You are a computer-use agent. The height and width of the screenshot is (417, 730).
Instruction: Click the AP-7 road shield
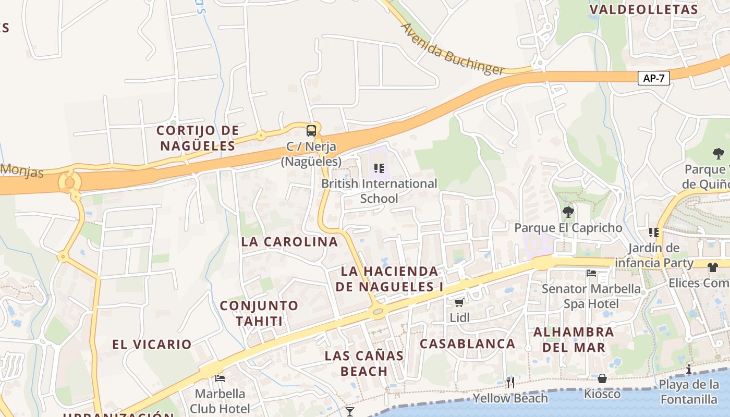[x=654, y=78]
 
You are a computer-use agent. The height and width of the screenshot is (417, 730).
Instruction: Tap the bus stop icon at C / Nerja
[x=311, y=131]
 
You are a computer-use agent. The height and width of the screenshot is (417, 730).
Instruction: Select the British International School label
[x=379, y=191]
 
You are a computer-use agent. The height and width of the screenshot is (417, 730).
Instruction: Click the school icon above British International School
[x=379, y=168]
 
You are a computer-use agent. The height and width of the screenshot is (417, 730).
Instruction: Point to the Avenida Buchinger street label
[x=452, y=50]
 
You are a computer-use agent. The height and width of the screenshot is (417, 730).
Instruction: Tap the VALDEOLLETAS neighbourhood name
[x=643, y=9]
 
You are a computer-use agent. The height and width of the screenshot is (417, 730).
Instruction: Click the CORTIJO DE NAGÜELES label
[x=198, y=138]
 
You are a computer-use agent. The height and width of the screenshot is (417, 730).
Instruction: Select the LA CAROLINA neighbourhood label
[x=289, y=242]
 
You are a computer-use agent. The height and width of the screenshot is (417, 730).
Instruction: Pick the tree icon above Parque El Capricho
[x=568, y=212]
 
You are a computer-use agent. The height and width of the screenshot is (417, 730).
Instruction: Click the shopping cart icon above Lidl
[x=459, y=302]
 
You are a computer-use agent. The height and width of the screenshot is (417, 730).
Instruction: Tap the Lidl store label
[x=460, y=317]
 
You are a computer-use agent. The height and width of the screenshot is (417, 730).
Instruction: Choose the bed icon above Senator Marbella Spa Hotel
[x=591, y=273]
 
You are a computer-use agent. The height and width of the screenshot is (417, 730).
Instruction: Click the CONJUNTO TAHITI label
[x=259, y=313]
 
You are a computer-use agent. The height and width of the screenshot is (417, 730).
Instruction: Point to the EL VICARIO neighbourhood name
[x=152, y=345]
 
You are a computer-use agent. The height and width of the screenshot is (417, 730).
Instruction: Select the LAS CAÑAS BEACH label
[x=364, y=363]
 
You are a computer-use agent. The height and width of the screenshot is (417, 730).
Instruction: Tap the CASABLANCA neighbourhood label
[x=468, y=344]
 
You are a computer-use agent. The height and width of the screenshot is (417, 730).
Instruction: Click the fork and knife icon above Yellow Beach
[x=510, y=383]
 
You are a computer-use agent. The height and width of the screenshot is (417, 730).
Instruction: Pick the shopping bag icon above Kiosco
[x=602, y=378]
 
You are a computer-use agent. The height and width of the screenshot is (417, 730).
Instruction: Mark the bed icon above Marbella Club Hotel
[x=220, y=378]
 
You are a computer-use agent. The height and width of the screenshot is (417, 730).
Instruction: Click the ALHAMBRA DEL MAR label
[x=574, y=339]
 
